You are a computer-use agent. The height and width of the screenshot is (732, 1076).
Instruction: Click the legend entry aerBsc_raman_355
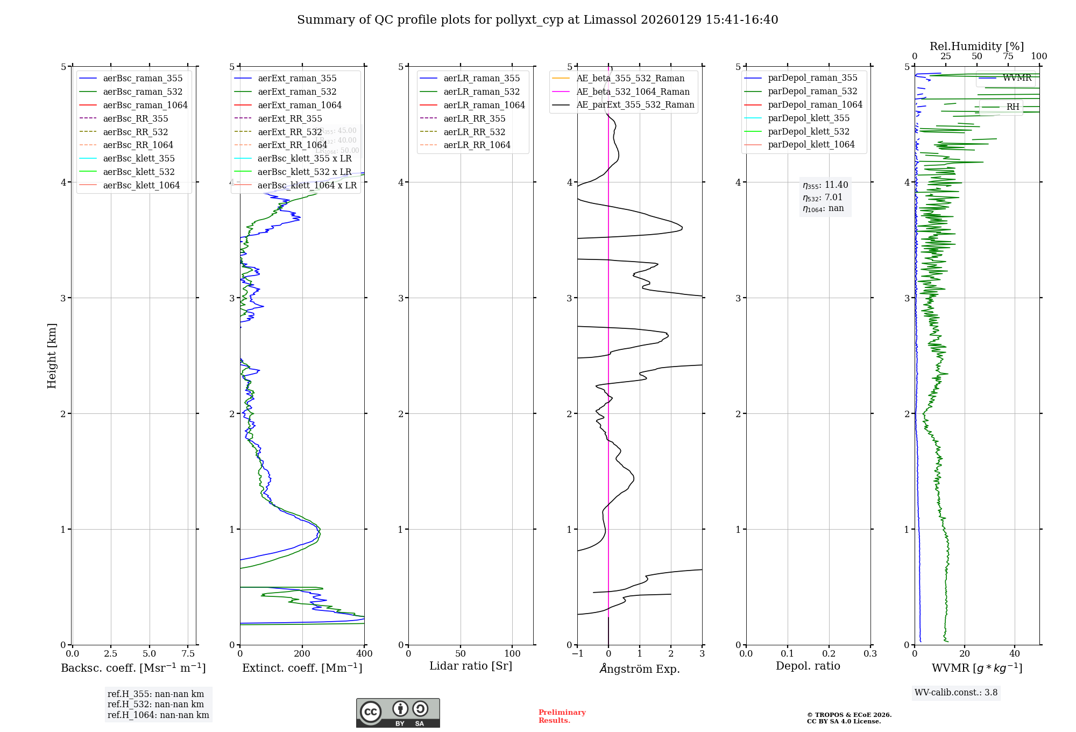pyautogui.click(x=143, y=79)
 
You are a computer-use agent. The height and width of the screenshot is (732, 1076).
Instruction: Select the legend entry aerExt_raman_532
pyautogui.click(x=297, y=92)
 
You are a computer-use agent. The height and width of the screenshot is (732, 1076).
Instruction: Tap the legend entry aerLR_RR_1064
pyautogui.click(x=477, y=145)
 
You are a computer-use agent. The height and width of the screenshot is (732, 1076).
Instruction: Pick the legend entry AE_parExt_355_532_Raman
pyautogui.click(x=635, y=105)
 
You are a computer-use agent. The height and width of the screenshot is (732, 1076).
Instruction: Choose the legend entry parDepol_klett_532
pyautogui.click(x=808, y=132)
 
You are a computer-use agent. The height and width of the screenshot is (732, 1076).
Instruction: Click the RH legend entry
pyautogui.click(x=1013, y=107)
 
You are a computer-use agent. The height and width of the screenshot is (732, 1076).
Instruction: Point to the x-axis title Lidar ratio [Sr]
pyautogui.click(x=471, y=666)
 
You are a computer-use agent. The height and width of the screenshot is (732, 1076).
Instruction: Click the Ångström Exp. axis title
pyautogui.click(x=640, y=669)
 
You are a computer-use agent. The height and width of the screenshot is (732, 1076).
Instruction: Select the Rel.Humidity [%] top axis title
pyautogui.click(x=976, y=46)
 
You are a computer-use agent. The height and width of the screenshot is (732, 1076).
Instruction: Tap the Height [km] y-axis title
pyautogui.click(x=52, y=356)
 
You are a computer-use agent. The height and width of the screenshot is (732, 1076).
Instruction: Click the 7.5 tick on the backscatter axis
pyautogui.click(x=188, y=654)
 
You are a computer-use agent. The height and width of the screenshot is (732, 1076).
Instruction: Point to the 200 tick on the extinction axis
pyautogui.click(x=302, y=654)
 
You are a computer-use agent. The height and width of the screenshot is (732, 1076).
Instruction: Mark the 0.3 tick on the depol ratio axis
pyautogui.click(x=870, y=654)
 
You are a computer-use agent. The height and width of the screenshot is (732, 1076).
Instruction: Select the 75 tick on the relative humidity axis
pyautogui.click(x=1008, y=57)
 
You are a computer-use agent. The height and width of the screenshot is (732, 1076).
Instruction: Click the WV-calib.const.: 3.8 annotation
pyautogui.click(x=956, y=693)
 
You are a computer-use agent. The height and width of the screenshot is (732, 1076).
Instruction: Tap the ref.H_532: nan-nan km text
pyautogui.click(x=155, y=705)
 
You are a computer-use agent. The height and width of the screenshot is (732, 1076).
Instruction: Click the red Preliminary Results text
pyautogui.click(x=562, y=716)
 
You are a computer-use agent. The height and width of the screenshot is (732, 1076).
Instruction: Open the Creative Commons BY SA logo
pyautogui.click(x=398, y=713)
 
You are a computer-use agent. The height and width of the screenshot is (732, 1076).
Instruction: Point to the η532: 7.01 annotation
pyautogui.click(x=823, y=198)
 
